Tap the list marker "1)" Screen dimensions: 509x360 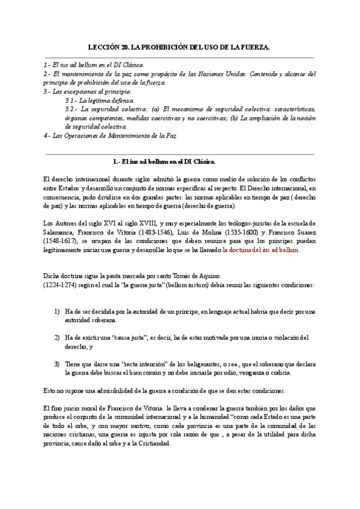(57, 312)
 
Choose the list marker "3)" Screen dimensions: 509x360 (57, 364)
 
